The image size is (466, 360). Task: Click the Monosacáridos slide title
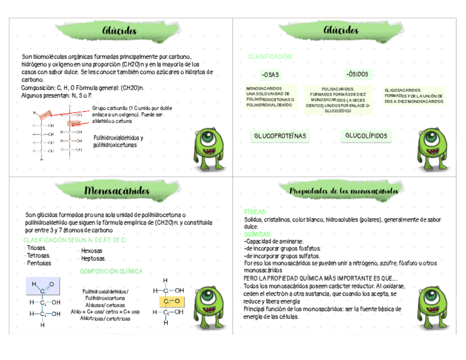tap(117, 191)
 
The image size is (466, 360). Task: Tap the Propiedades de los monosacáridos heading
tap(344, 191)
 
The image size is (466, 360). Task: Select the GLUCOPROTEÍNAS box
tap(280, 136)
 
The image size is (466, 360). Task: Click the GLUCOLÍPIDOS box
tap(366, 136)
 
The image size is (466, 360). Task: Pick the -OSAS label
tap(270, 75)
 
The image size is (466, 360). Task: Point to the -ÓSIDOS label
tap(357, 74)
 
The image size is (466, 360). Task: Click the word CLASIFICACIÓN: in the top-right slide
tap(270, 57)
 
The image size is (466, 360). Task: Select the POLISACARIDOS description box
tap(337, 99)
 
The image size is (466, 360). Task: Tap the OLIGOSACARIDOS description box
tap(414, 96)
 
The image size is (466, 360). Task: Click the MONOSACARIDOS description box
tap(270, 97)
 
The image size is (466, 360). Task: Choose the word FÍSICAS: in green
tap(256, 212)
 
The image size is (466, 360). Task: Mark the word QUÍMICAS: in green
tap(258, 234)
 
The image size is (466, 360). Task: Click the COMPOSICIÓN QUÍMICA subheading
tap(111, 271)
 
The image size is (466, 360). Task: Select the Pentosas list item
tap(38, 263)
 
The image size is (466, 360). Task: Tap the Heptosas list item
tap(93, 258)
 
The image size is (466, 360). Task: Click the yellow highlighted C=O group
tap(171, 301)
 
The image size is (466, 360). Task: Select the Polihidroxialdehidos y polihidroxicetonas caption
tap(118, 141)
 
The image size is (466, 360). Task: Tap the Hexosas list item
tap(91, 251)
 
